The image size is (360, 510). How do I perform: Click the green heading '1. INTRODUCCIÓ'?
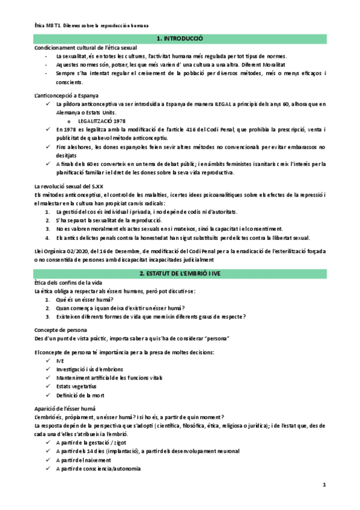point(180,38)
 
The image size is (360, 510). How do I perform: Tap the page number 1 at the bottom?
point(323,484)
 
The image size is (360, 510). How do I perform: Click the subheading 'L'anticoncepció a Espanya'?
point(67,96)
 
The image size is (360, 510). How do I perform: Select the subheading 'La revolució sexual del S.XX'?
point(70,186)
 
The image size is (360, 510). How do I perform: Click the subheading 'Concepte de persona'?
point(61,330)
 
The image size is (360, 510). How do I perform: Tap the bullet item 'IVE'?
point(60,360)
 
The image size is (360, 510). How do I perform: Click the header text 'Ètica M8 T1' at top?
point(49,26)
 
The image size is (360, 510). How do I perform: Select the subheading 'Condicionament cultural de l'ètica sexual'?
point(85,48)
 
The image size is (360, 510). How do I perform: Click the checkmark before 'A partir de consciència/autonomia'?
point(47,469)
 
